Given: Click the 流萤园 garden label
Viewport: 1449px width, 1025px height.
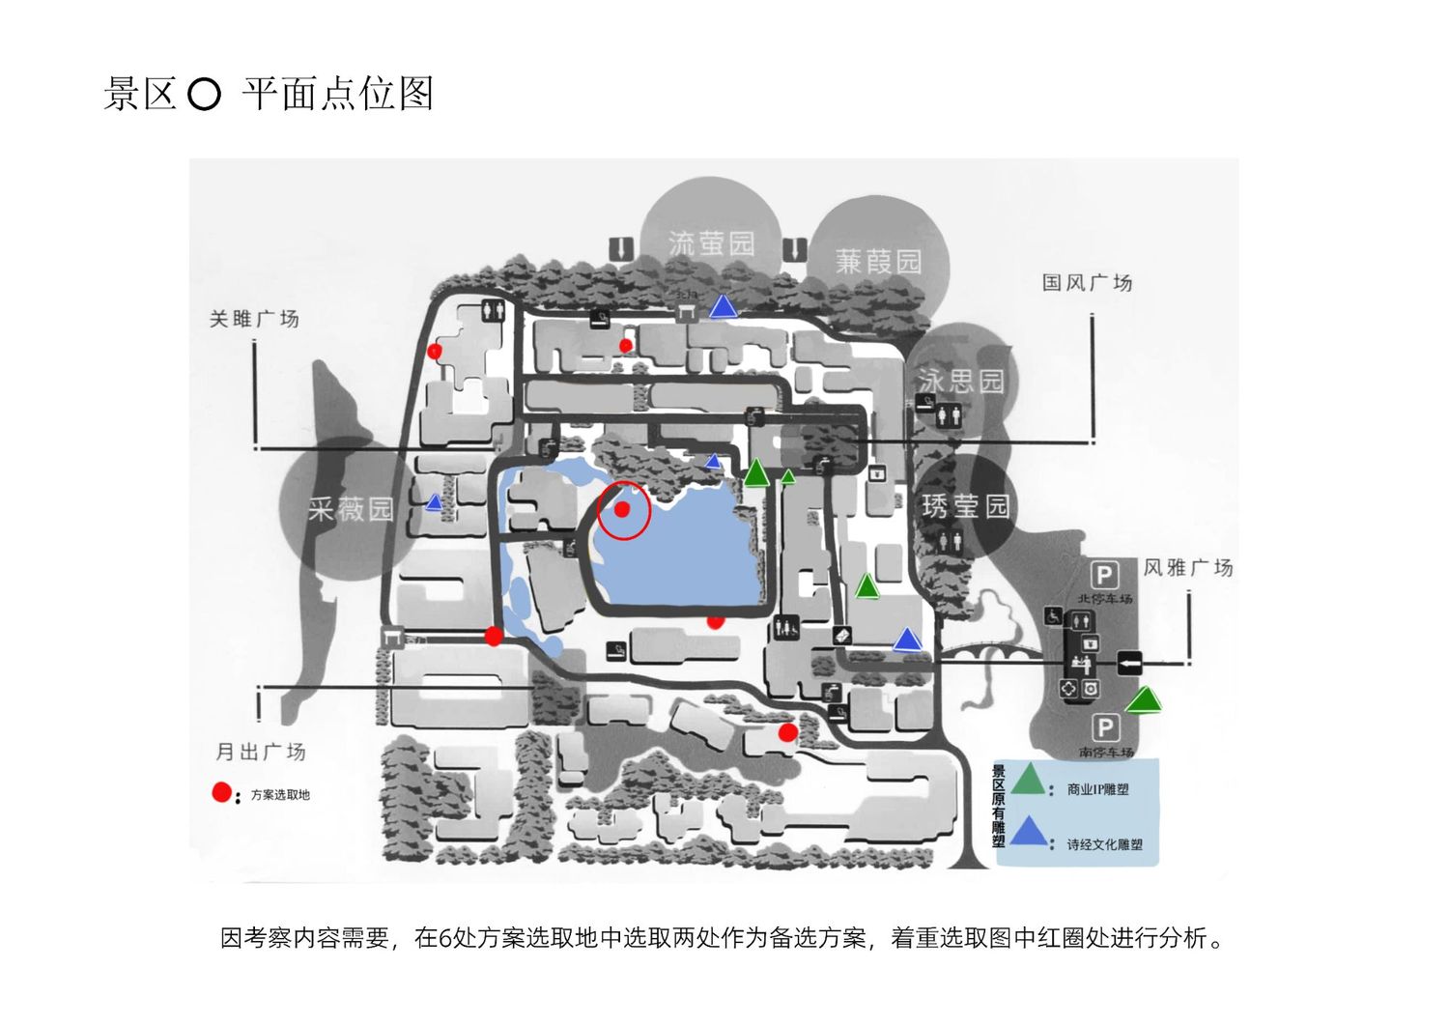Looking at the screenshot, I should point(711,242).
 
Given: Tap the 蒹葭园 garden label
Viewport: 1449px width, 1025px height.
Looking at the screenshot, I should point(878,261).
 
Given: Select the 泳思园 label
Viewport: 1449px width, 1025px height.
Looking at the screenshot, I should point(960,381).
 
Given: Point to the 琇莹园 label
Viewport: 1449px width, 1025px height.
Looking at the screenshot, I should point(965,505).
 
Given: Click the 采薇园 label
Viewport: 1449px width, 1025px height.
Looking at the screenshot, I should point(351,509).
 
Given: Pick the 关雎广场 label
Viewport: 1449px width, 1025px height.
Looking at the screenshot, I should point(254,319).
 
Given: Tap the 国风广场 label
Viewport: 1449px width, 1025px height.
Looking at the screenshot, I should point(1087,283).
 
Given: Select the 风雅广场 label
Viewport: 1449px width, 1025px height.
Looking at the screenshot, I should point(1188,567).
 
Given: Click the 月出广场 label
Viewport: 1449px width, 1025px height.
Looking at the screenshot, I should point(260,752).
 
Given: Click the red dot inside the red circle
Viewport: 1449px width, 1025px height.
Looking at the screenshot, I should point(623,509).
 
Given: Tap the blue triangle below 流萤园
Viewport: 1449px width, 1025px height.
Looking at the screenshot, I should point(724,307).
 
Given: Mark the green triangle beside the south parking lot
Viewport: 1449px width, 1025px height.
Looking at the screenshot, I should point(1145,700).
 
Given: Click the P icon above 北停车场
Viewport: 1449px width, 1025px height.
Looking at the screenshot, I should point(1104,576).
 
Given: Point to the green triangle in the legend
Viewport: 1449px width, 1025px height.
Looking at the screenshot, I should point(1028,780).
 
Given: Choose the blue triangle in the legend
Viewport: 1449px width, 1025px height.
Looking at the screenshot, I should point(1030,832).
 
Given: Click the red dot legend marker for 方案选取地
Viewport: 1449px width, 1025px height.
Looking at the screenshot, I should point(222,793).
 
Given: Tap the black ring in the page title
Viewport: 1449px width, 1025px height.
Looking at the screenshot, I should point(204,95).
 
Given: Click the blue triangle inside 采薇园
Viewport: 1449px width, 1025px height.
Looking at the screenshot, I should point(435,502).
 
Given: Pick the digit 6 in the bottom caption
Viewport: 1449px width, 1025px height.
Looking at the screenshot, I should point(445,938).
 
